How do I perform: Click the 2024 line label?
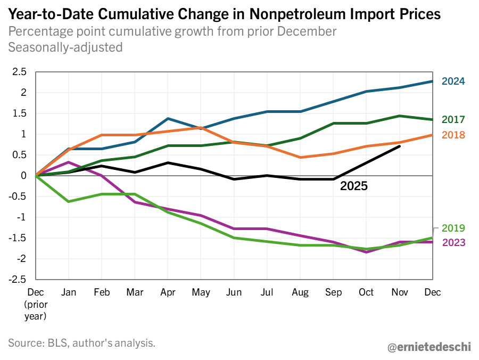point(453,81)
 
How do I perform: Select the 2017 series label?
point(453,120)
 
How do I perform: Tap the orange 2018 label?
point(453,135)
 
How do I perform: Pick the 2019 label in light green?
point(453,228)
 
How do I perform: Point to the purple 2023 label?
point(453,243)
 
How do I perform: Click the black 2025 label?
point(354,186)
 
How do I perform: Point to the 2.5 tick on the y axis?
point(19,72)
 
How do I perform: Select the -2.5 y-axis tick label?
point(18,280)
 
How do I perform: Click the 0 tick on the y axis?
point(23,176)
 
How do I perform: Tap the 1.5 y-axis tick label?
point(19,113)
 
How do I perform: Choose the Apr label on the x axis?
point(168,292)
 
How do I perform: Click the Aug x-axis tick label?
point(300,292)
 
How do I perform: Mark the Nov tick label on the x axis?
point(399,292)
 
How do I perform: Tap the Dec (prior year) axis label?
point(36,304)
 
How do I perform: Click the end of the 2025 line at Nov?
point(399,146)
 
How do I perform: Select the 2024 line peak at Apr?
point(168,119)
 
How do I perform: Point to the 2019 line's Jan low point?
point(69,201)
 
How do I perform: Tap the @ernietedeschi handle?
point(428,347)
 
